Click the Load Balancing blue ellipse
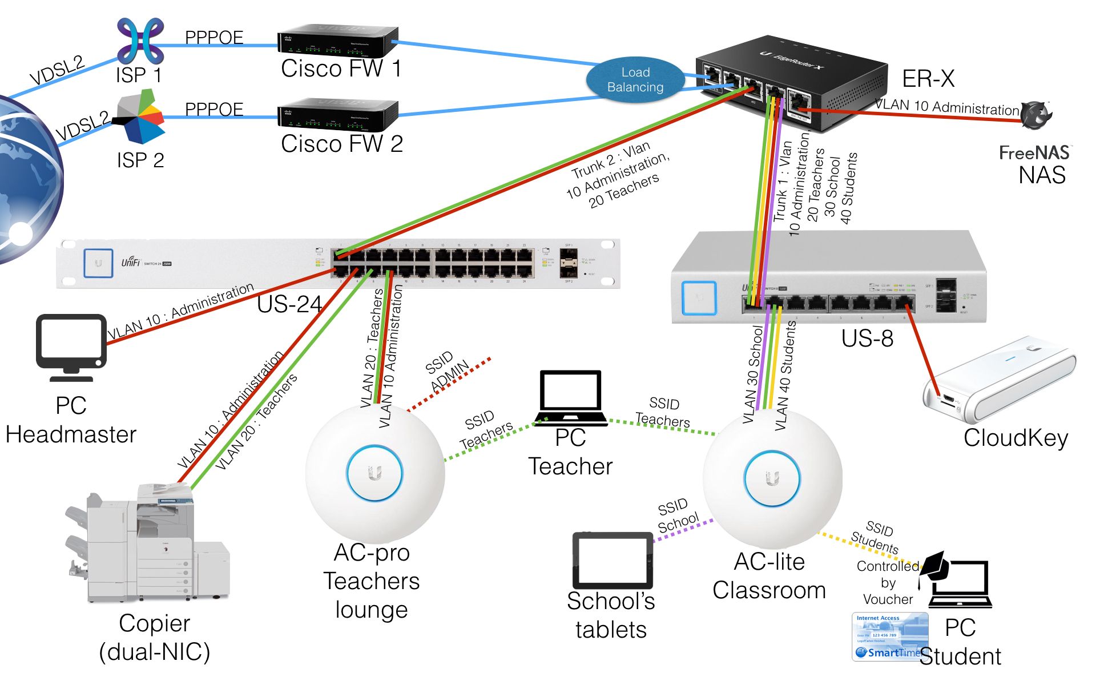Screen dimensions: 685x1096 coord(635,80)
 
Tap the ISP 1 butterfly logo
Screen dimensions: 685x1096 coord(140,41)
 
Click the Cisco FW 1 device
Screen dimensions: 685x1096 coord(337,41)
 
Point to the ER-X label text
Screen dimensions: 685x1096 coord(928,79)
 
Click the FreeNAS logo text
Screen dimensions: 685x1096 coord(1034,152)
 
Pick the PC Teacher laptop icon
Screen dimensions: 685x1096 coord(571,398)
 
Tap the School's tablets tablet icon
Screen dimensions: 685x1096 coord(613,561)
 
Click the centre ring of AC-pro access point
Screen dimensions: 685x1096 coord(374,473)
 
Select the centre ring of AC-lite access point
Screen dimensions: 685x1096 coord(772,478)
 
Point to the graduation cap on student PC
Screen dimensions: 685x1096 coord(933,566)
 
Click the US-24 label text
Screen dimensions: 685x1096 coord(289,304)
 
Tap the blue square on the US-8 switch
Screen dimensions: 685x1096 coord(699,297)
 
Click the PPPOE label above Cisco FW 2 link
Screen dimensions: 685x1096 coord(214,109)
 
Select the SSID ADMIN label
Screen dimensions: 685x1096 coord(447,371)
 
